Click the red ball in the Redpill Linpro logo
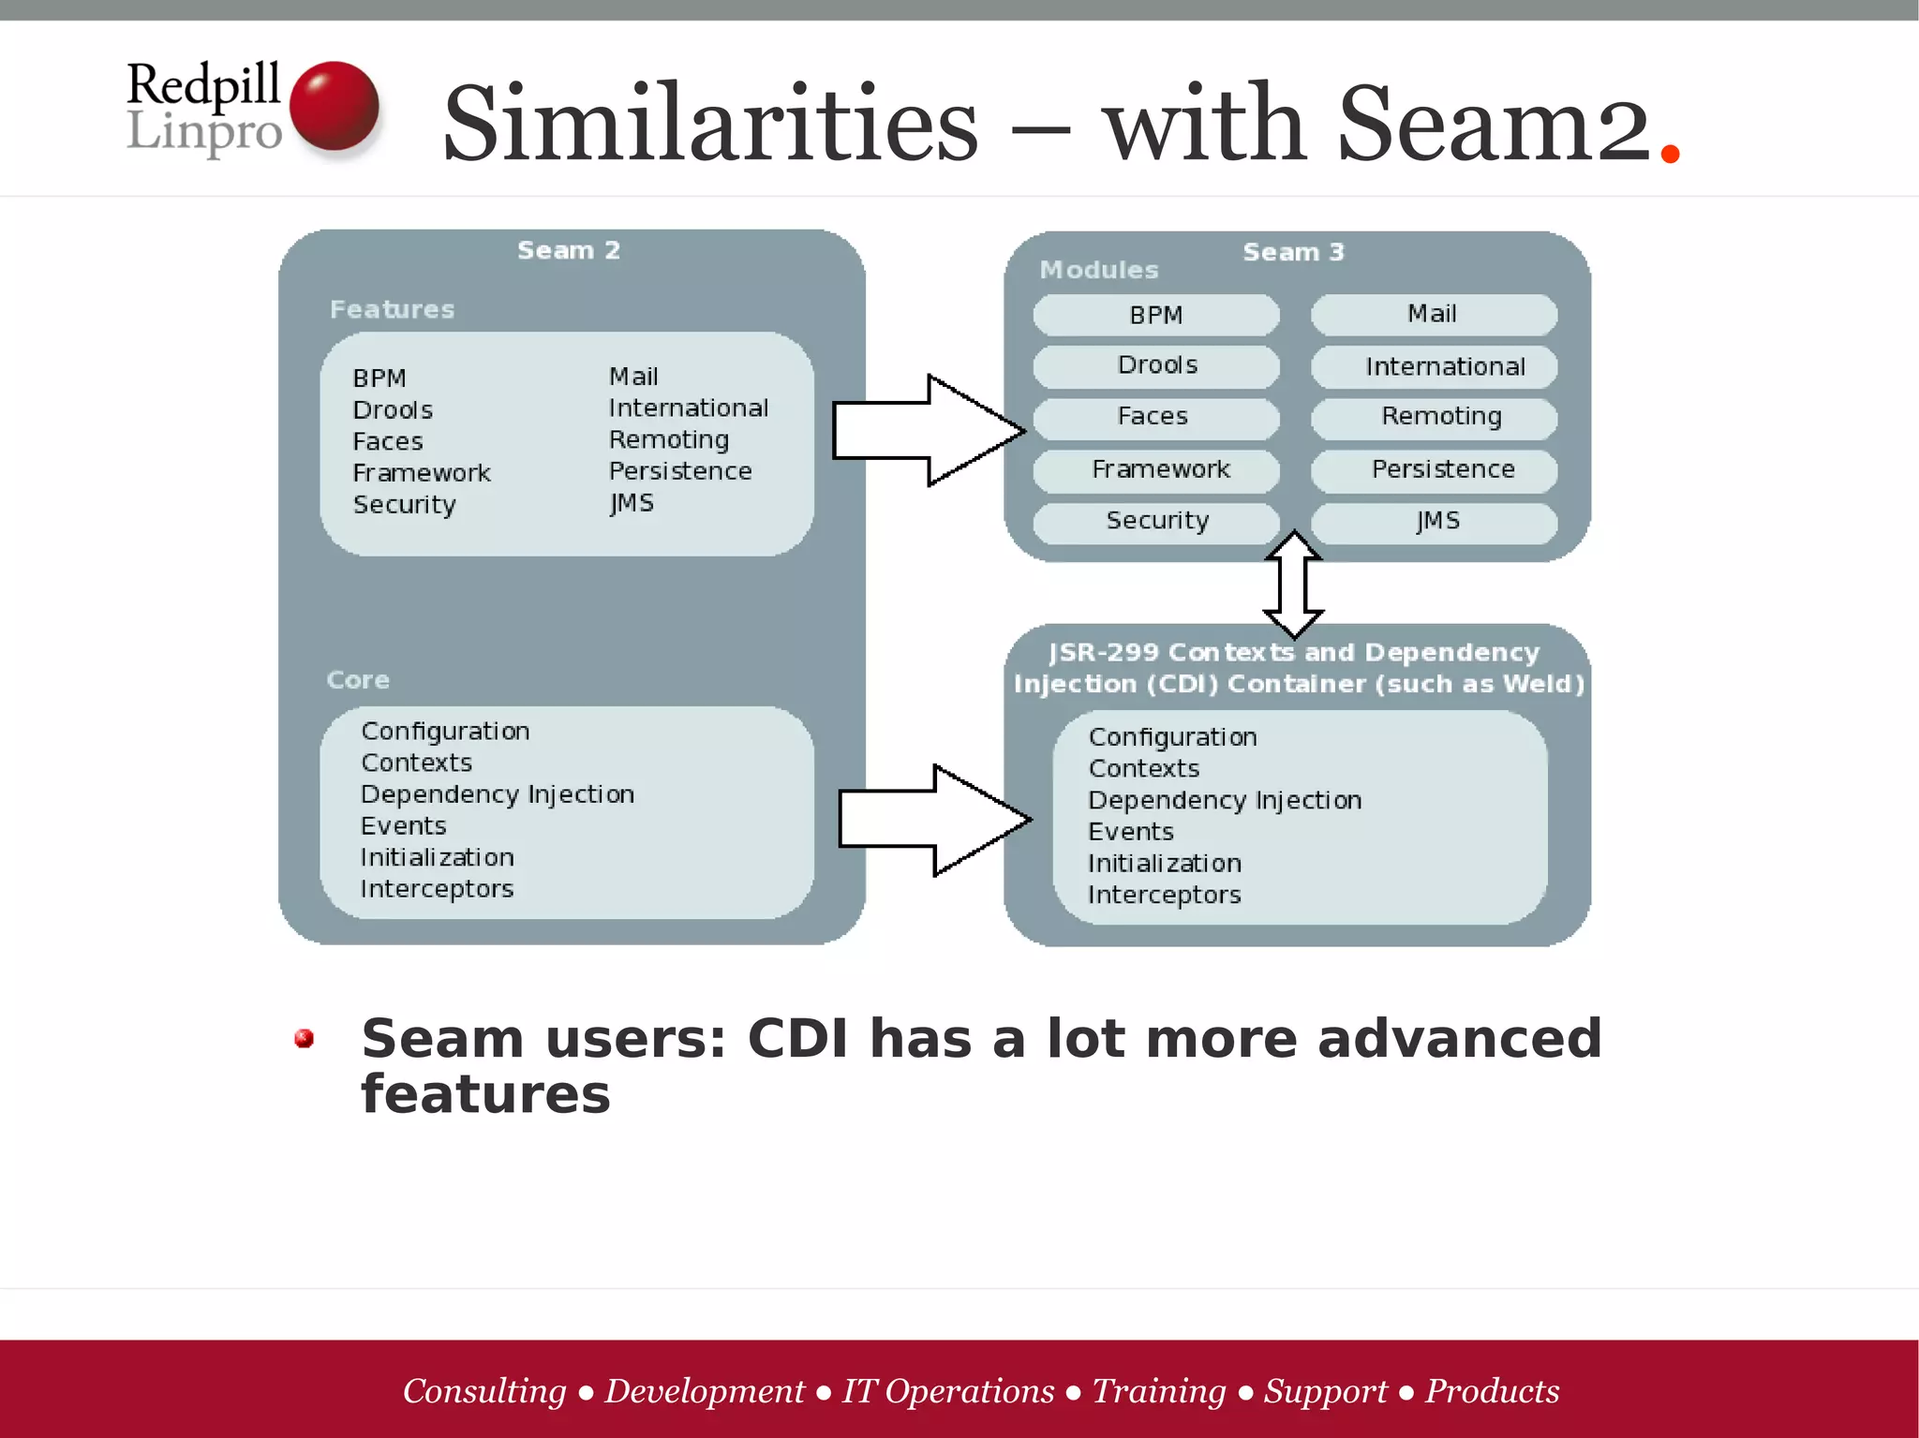tap(334, 106)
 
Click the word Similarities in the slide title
tap(710, 124)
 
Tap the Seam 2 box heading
tap(569, 251)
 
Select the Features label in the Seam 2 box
tap(392, 310)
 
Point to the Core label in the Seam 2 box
tap(358, 680)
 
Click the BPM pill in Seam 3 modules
tap(1155, 316)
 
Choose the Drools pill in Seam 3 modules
tap(1156, 365)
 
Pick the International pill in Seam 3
tap(1434, 367)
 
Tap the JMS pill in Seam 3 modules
tap(1434, 522)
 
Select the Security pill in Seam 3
tap(1156, 521)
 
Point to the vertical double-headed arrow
tap(1294, 585)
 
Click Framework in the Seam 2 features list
tap(422, 473)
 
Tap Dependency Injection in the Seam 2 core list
tap(498, 794)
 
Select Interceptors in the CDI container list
tap(1164, 896)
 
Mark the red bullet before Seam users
tap(304, 1038)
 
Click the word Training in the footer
tap(1158, 1391)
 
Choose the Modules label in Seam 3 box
tap(1098, 271)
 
